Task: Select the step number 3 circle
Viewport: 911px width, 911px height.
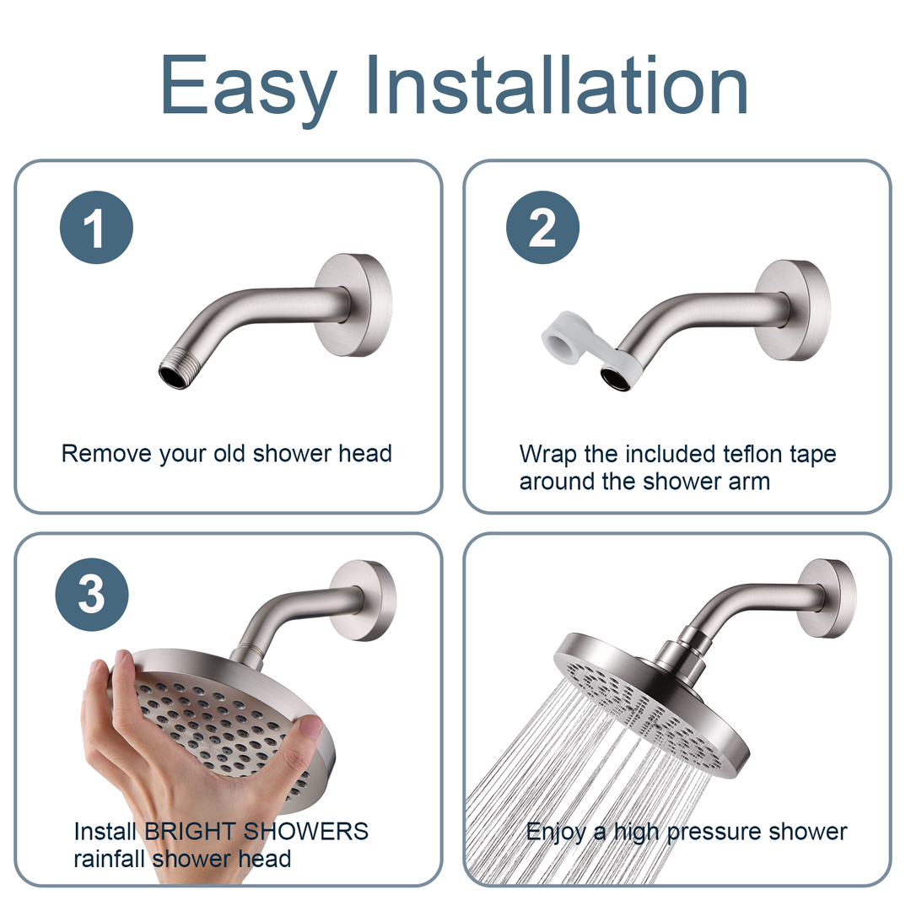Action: click(x=92, y=596)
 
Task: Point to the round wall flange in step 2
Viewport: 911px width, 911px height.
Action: click(x=793, y=310)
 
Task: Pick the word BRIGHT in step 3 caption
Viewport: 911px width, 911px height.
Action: click(x=191, y=831)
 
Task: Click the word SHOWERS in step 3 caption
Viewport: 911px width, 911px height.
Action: click(x=306, y=831)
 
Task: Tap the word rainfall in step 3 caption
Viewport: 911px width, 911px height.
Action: click(x=107, y=859)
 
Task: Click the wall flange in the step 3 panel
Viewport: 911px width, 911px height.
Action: click(x=364, y=600)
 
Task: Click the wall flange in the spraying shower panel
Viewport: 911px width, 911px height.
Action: click(x=827, y=597)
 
